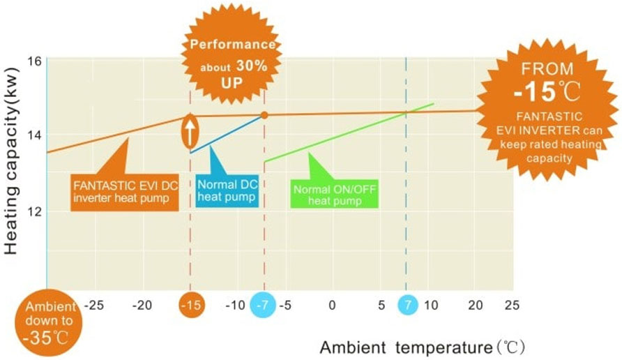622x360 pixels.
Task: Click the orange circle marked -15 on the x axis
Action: point(190,306)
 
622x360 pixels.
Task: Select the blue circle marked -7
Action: point(263,306)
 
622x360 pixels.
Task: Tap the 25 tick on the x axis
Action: point(512,306)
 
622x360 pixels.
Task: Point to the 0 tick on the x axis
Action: point(332,306)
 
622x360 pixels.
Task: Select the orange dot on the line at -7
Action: point(264,114)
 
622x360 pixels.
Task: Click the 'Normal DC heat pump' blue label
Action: point(226,190)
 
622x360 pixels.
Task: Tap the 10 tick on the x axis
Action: point(431,306)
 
